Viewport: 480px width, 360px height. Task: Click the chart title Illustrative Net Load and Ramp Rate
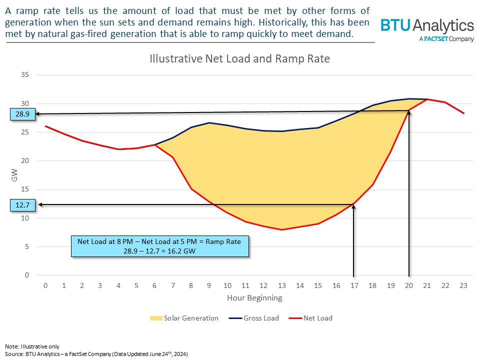tap(240, 58)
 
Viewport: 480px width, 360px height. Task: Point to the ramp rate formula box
tap(159, 246)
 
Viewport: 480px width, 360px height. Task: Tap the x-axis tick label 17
tap(354, 285)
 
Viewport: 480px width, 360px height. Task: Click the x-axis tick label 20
tap(409, 285)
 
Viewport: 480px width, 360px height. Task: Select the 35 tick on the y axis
tap(24, 75)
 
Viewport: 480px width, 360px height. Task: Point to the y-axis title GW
tap(14, 175)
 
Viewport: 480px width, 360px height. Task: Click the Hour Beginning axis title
tap(254, 298)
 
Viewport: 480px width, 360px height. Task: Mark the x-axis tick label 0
tap(45, 285)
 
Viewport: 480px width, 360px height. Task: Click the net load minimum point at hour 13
tap(282, 229)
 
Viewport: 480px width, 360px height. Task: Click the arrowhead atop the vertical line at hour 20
tap(409, 112)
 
